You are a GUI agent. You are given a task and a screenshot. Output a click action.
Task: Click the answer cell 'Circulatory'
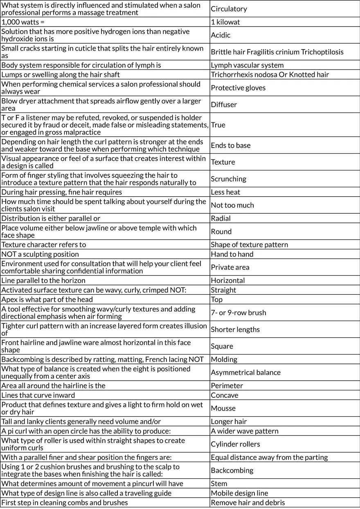[229, 9]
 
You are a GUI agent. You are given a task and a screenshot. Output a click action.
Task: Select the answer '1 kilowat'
[225, 22]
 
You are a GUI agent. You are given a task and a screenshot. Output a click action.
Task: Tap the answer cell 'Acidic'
[220, 35]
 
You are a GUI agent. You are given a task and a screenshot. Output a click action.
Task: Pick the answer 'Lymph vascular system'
[247, 65]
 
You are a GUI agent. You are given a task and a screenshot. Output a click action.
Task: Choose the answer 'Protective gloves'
[238, 87]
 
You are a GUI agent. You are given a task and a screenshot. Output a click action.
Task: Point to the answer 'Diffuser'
[224, 104]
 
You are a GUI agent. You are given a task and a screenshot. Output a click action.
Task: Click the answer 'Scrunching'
[228, 179]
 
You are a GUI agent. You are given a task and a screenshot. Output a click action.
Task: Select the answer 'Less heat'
[225, 192]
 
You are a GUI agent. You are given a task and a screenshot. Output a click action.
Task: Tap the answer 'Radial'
[220, 218]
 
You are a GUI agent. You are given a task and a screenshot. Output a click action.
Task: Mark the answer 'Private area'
[230, 267]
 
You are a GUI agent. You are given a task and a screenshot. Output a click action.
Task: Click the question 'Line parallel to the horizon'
[43, 280]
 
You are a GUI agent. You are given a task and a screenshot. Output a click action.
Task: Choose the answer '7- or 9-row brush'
[238, 313]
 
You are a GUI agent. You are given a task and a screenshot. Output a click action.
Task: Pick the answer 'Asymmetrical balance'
[245, 372]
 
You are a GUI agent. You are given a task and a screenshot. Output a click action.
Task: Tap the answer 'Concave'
[224, 395]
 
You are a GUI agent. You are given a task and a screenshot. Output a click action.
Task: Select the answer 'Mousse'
[223, 408]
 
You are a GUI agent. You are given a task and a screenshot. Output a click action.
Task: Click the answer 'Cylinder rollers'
[235, 444]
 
